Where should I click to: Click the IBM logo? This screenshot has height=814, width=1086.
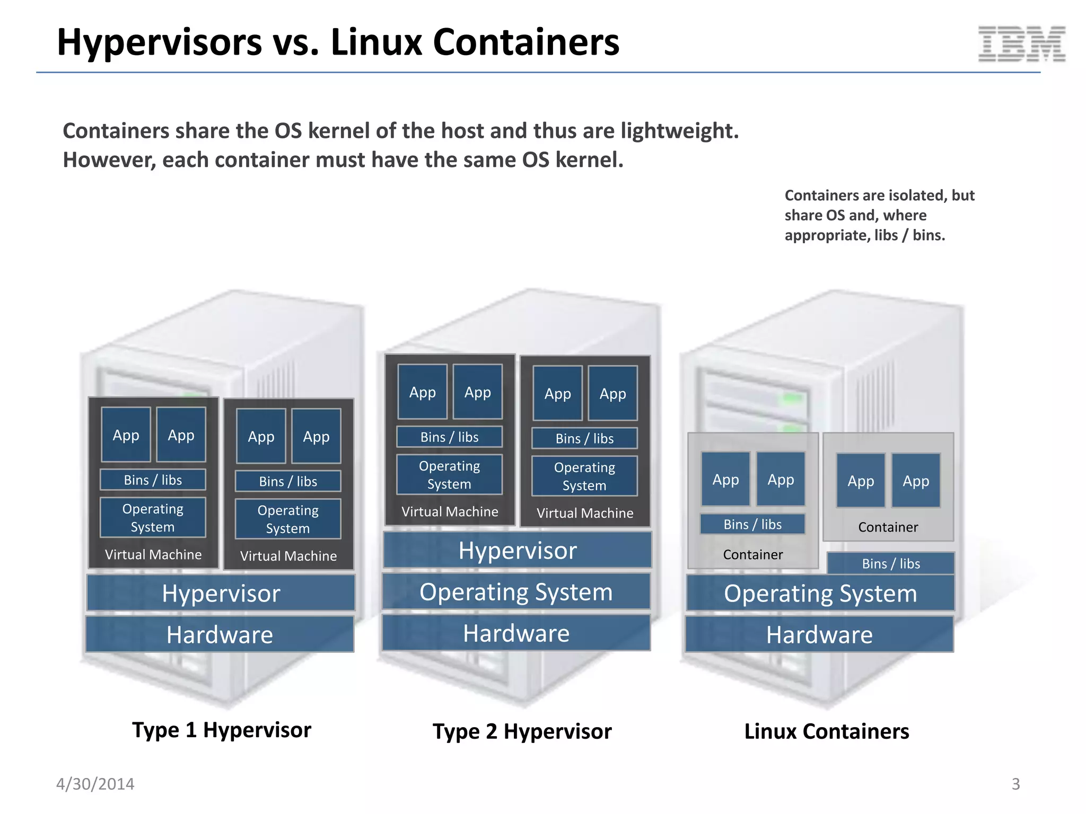1021,44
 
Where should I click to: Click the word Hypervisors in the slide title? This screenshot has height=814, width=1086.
160,42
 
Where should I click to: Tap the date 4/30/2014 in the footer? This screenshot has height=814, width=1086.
95,784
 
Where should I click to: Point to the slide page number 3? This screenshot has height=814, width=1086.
1015,784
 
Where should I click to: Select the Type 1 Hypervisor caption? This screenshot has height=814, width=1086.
222,730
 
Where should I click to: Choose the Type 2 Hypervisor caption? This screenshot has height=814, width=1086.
522,732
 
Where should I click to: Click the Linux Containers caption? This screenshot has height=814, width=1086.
826,732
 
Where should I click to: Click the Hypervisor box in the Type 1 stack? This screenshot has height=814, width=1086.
221,593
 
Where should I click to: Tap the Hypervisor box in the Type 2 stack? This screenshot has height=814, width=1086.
517,550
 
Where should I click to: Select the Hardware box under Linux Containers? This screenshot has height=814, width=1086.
819,634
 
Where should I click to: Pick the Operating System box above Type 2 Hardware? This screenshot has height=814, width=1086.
516,592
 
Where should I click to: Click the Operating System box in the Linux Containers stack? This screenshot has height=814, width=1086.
820,594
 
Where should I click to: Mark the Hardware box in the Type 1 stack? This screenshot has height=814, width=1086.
220,634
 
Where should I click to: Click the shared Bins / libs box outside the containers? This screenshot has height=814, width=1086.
891,564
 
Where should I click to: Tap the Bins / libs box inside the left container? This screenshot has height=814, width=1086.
752,525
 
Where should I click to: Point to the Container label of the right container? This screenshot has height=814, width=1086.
888,527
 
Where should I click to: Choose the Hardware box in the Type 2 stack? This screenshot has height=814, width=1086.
516,633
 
